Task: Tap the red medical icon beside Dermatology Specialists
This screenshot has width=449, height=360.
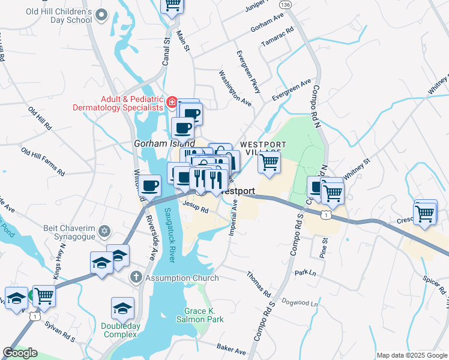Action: (x=172, y=103)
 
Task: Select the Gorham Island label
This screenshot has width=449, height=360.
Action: (x=164, y=144)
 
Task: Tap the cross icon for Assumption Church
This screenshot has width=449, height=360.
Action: (x=136, y=278)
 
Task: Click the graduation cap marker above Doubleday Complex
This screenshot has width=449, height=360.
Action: (x=122, y=308)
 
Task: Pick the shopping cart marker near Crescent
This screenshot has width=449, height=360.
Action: (x=425, y=213)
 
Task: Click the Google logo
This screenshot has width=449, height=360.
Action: (x=20, y=353)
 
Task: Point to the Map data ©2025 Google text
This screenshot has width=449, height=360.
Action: (x=411, y=355)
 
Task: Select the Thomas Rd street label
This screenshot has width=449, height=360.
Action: (x=259, y=284)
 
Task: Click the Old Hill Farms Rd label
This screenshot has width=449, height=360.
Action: (x=42, y=161)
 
